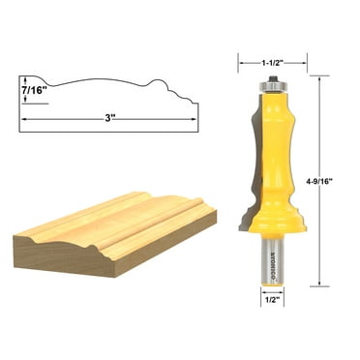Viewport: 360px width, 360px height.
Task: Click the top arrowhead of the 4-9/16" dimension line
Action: (314, 77)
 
